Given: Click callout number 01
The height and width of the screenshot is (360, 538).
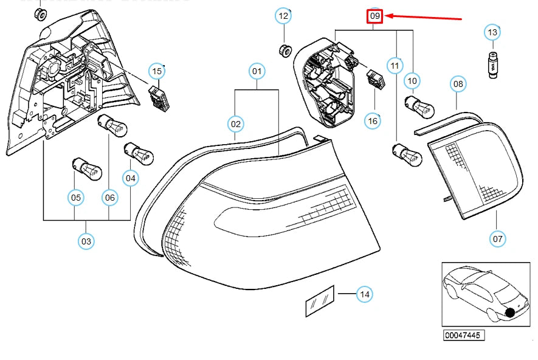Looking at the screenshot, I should [257, 72].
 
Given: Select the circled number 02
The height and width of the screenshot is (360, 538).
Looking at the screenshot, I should [236, 124].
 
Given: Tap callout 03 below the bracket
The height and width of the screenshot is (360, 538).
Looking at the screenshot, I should [86, 241].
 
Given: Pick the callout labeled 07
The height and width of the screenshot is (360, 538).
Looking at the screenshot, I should [498, 239].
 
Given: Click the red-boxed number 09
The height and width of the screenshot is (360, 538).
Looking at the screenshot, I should [374, 15].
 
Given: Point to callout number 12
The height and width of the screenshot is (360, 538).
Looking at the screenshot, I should [284, 16].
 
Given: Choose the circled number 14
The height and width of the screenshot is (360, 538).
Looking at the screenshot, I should [364, 294].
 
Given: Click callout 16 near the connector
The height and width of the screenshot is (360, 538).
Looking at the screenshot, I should [373, 121].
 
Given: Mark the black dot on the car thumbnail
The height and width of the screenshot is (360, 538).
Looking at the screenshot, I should [509, 313].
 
